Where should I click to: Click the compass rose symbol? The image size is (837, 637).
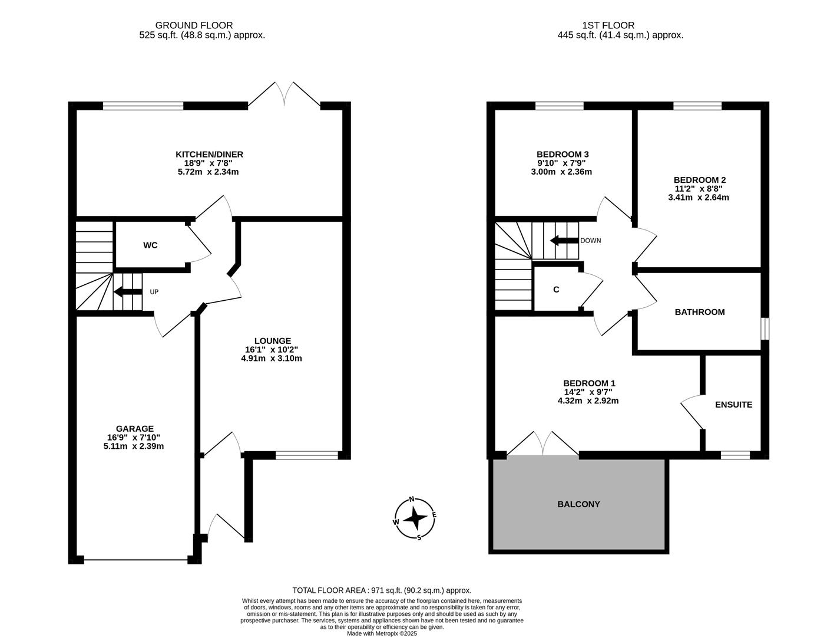point(415,518)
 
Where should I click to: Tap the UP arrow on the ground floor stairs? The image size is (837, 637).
point(128,292)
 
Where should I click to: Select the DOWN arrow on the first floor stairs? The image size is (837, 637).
point(564,241)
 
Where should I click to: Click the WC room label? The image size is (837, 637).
point(150,245)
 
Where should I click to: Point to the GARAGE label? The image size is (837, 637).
point(134,429)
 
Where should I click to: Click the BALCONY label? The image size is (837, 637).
point(578,504)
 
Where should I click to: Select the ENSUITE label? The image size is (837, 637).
point(733,405)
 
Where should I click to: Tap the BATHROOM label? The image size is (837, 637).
point(700,312)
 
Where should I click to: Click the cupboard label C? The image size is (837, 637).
point(556,290)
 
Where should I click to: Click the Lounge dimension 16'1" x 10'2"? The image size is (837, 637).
point(272,349)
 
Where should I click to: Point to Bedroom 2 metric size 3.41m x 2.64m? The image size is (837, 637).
point(699,198)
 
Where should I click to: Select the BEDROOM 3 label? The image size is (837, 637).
point(563,155)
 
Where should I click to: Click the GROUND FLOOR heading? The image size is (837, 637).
point(194,25)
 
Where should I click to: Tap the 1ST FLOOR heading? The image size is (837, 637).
point(608,25)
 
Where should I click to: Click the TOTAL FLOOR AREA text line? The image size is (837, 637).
point(382,590)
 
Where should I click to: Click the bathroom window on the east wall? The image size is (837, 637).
point(765,329)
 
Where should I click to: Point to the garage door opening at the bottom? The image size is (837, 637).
point(135,559)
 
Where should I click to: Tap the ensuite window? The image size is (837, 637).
point(736,455)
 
